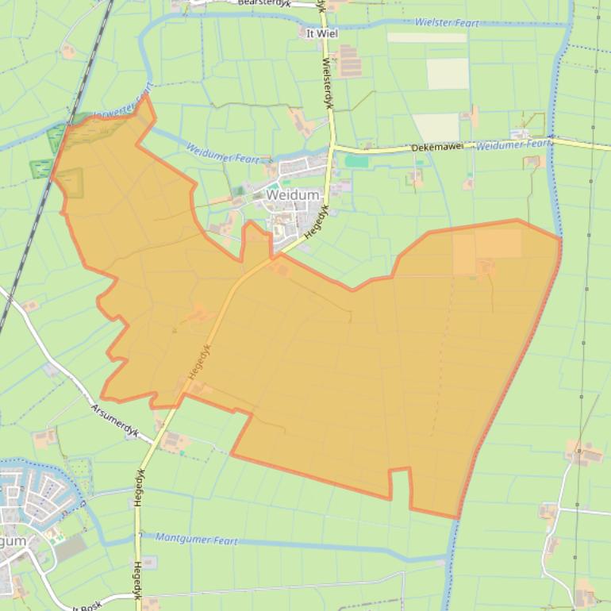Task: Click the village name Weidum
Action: pyautogui.click(x=293, y=194)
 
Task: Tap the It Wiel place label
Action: pyautogui.click(x=321, y=33)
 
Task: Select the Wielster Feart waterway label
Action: pyautogui.click(x=447, y=22)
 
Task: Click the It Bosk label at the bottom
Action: pyautogui.click(x=87, y=606)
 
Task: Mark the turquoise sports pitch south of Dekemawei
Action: pyautogui.click(x=357, y=161)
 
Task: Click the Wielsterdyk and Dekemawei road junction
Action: pyautogui.click(x=332, y=146)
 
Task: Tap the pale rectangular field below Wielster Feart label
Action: pyautogui.click(x=448, y=74)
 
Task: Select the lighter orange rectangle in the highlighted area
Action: pyautogui.click(x=486, y=244)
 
